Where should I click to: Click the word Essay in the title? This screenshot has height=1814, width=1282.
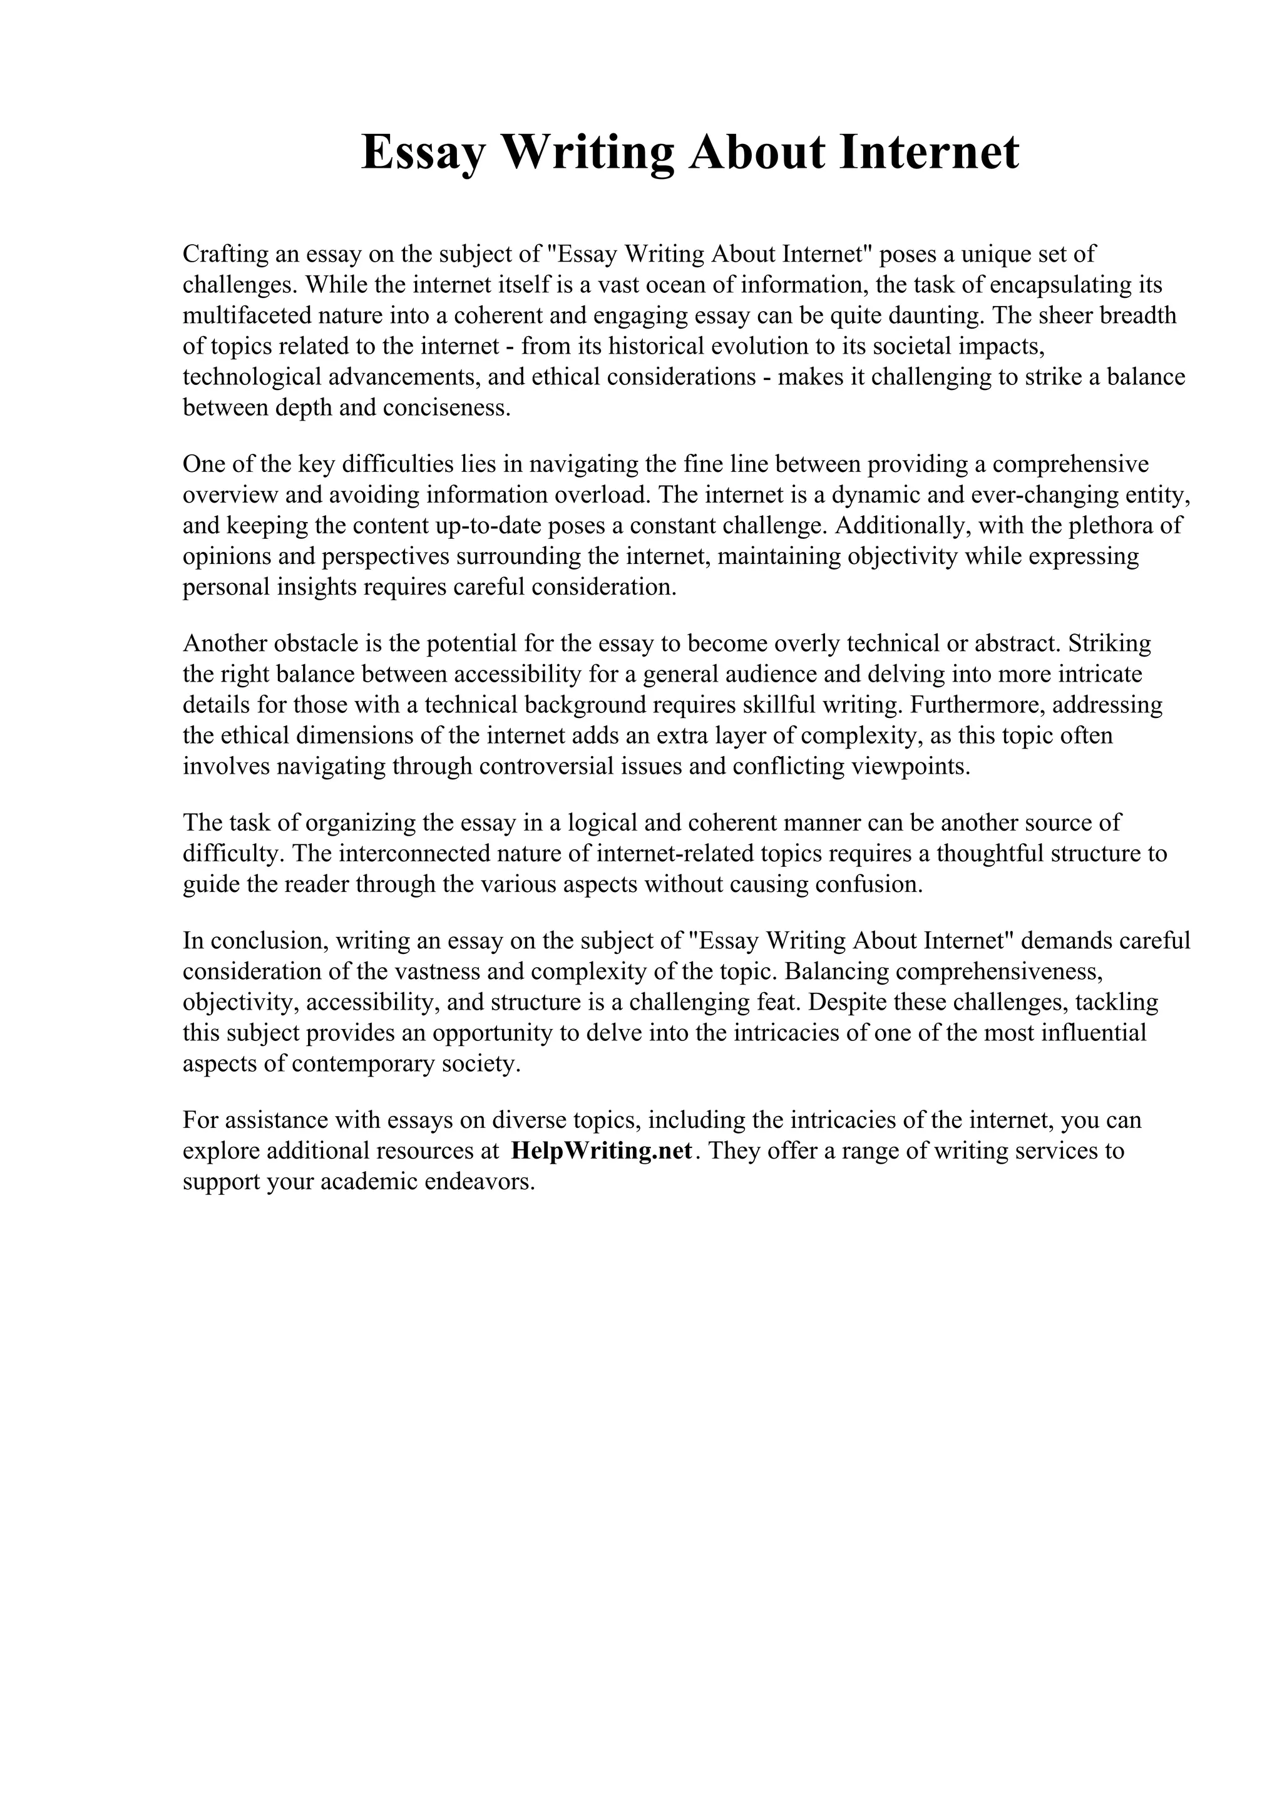[x=423, y=153]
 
